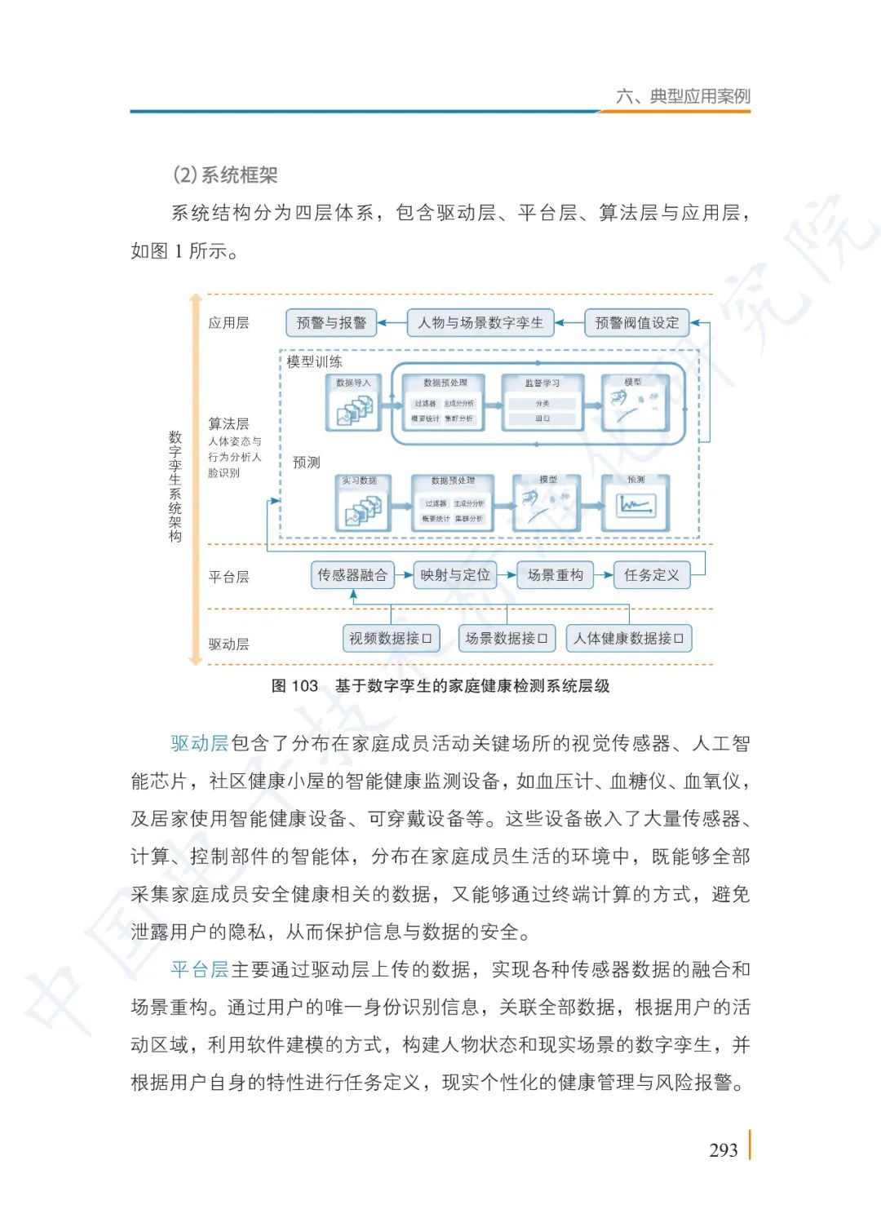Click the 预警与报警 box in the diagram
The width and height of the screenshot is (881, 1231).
pyautogui.click(x=330, y=323)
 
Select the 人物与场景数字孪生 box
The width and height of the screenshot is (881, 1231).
pyautogui.click(x=480, y=323)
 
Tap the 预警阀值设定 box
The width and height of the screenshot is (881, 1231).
pyautogui.click(x=636, y=323)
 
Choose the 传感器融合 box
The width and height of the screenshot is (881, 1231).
pyautogui.click(x=352, y=575)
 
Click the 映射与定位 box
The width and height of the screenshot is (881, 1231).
pyautogui.click(x=455, y=575)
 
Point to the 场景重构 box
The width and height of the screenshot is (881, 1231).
pyautogui.click(x=555, y=575)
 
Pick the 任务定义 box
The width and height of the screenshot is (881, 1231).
pyautogui.click(x=651, y=575)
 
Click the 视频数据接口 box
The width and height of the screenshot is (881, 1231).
pyautogui.click(x=391, y=638)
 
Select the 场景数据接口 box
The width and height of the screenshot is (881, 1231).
pyautogui.click(x=507, y=638)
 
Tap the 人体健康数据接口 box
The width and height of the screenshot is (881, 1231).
pyautogui.click(x=628, y=638)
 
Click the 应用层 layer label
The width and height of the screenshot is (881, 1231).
pyautogui.click(x=228, y=323)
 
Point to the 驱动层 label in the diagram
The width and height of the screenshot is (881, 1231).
pyautogui.click(x=228, y=644)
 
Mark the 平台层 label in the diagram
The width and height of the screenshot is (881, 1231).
pyautogui.click(x=228, y=577)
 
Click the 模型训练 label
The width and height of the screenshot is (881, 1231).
pyautogui.click(x=314, y=361)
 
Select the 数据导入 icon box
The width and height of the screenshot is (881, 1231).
pyautogui.click(x=353, y=403)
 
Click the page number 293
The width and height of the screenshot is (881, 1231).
pyautogui.click(x=724, y=1150)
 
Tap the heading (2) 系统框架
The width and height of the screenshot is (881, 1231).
pyautogui.click(x=225, y=175)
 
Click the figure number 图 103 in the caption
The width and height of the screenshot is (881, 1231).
pyautogui.click(x=294, y=686)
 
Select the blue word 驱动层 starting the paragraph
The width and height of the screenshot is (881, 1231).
pyautogui.click(x=200, y=743)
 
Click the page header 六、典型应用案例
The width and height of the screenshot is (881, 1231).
pyautogui.click(x=684, y=96)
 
